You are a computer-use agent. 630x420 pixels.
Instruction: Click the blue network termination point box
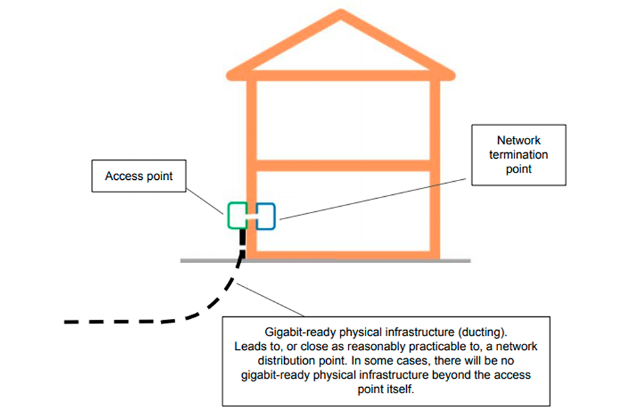[266, 215]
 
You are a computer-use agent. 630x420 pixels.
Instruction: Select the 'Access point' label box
[138, 176]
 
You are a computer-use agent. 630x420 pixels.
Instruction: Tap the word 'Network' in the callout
[519, 140]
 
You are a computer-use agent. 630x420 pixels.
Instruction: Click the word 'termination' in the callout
[519, 155]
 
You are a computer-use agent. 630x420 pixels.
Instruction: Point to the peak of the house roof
[341, 14]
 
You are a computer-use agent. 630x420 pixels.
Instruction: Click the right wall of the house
[434, 164]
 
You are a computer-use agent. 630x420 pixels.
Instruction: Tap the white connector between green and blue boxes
[251, 215]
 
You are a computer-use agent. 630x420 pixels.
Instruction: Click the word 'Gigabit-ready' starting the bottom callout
[296, 333]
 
